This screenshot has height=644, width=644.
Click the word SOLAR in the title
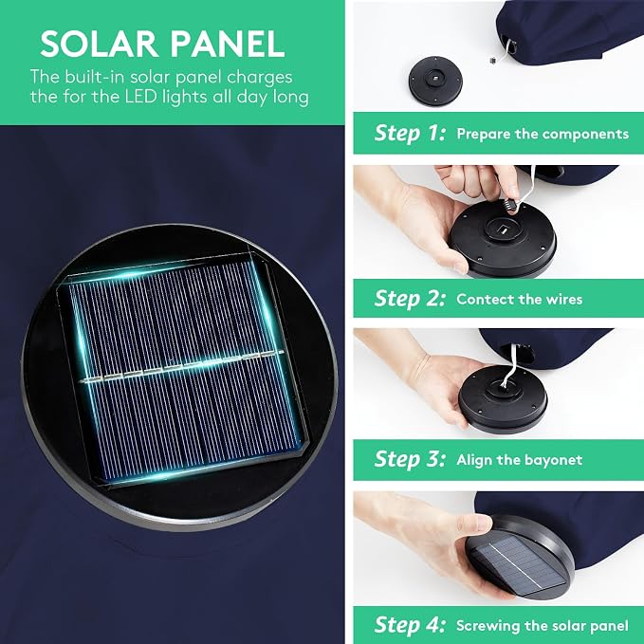click(x=100, y=44)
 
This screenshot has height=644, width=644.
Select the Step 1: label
click(x=410, y=133)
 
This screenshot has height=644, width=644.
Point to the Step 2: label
click(x=410, y=298)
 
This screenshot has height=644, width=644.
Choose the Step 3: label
click(x=410, y=459)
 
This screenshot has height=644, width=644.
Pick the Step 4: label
click(x=410, y=625)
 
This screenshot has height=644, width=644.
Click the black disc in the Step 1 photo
click(x=435, y=81)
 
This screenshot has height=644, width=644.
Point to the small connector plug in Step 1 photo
click(x=493, y=61)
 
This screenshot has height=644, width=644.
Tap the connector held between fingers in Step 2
click(x=511, y=203)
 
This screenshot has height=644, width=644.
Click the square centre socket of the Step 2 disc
click(x=503, y=228)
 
